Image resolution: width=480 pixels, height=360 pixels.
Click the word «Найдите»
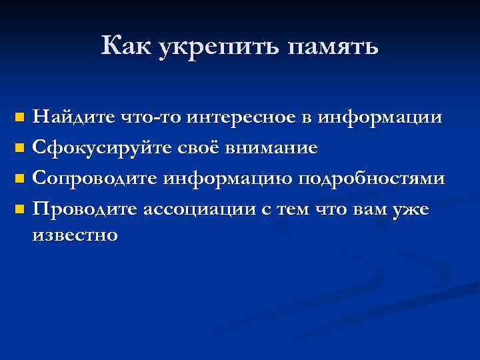75,118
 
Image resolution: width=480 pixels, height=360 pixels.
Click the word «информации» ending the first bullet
380,118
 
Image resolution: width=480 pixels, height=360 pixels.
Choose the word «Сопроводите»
97,179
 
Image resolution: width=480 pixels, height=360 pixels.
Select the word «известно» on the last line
76,235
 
